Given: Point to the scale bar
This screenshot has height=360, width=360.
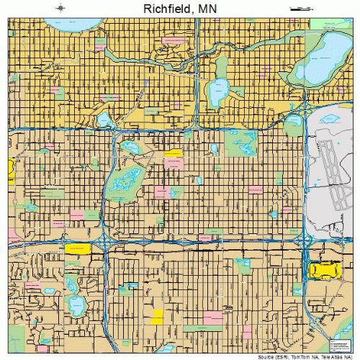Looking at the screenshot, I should pos(299,9).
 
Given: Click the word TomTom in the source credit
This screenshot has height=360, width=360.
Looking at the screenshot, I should pos(300,356).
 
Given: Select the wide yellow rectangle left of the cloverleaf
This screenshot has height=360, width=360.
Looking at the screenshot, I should pos(78,248).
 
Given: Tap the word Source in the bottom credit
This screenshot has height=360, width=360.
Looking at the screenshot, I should pos(269,356).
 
